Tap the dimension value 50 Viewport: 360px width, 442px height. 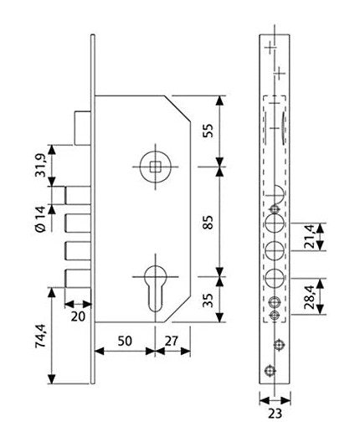pos(124,342)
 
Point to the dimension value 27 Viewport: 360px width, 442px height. pos(172,342)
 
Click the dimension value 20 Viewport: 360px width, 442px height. pos(78,316)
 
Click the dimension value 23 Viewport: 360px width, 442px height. pos(274,412)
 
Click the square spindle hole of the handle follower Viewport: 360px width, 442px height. pos(154,166)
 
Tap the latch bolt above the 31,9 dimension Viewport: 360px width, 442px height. pos(81,127)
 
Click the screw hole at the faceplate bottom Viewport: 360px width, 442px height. pos(269,372)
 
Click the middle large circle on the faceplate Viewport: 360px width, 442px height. pos(274,250)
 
